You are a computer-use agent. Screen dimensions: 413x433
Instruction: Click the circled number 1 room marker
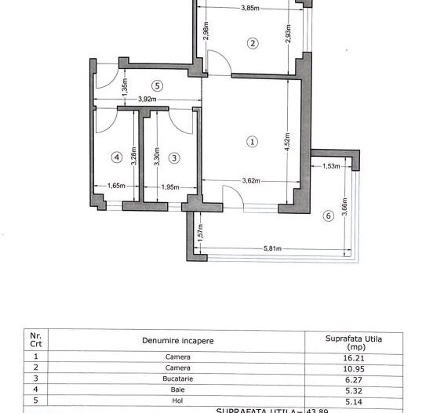252,142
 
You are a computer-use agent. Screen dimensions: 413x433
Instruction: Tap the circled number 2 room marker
252,43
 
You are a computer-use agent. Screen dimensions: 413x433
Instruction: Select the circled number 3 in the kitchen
174,158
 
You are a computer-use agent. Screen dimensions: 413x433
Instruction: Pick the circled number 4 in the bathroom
117,158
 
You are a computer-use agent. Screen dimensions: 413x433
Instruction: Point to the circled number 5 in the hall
158,85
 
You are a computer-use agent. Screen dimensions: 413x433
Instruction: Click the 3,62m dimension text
251,182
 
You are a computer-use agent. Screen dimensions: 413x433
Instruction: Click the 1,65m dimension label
116,187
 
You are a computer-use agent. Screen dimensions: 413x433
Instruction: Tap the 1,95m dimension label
169,187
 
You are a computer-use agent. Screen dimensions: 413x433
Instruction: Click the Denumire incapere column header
177,341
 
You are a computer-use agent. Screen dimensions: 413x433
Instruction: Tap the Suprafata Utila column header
353,341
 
